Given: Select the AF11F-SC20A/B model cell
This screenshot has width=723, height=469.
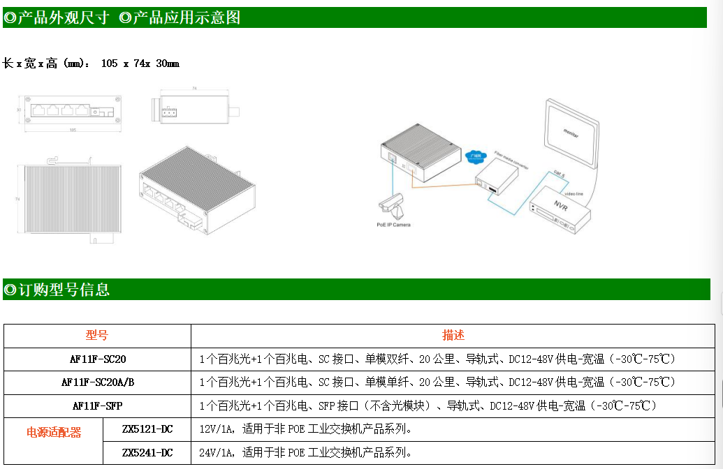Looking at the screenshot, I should pos(98,382).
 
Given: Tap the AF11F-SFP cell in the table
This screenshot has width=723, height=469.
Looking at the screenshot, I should pos(97,405).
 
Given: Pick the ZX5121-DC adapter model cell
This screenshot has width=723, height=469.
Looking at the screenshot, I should pos(147,429).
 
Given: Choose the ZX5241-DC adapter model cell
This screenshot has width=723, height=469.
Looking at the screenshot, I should pos(147,453).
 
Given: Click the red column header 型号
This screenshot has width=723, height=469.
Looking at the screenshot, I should pos(97,336).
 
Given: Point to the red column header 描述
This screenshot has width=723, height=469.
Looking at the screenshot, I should pos(453,336).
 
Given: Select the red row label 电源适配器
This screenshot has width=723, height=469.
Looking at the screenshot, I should pos(54,433).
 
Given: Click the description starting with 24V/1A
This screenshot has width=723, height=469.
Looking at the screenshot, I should pos(305,453).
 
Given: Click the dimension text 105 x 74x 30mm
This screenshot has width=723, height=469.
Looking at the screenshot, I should pos(140,64).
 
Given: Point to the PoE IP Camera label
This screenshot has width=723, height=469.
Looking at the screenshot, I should pos(393,225).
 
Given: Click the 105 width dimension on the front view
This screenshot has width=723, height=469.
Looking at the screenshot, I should pos(73,130).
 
